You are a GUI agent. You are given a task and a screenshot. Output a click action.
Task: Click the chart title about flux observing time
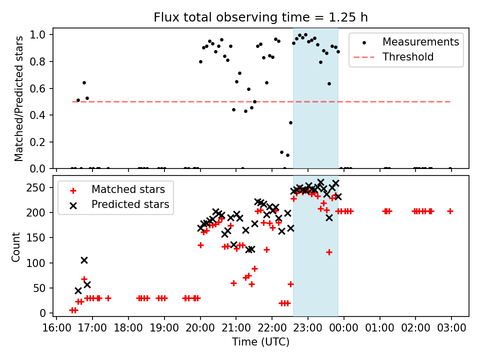click(260, 17)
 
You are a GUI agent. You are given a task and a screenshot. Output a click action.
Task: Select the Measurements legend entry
click(420, 42)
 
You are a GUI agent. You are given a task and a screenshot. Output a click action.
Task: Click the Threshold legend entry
click(408, 57)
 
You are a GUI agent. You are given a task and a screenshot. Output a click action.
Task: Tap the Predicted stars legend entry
click(130, 204)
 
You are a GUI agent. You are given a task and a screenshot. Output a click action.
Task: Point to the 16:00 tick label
click(56, 328)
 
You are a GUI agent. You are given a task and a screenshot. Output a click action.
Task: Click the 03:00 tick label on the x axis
click(451, 328)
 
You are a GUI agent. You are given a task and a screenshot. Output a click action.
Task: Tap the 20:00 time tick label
click(200, 328)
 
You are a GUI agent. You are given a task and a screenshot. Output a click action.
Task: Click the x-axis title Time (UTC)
click(260, 342)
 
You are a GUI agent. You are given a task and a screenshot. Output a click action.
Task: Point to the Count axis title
click(16, 246)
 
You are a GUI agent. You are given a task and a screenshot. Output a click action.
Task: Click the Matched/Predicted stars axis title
click(19, 98)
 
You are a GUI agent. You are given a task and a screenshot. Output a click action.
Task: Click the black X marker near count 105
click(84, 260)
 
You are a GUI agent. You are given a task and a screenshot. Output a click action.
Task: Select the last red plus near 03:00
click(450, 211)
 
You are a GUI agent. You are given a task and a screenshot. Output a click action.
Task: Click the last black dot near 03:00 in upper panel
click(450, 168)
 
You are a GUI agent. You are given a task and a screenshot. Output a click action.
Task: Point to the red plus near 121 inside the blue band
click(329, 252)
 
